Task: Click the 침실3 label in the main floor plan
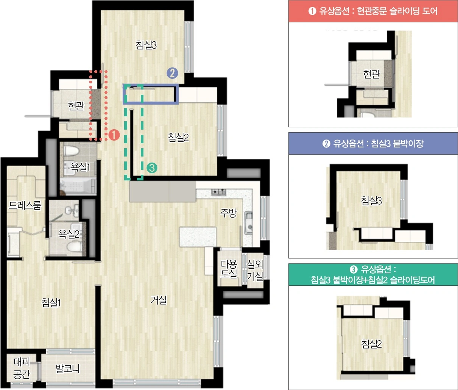click(146, 45)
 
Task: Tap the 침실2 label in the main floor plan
click(178, 137)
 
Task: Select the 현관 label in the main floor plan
click(76, 106)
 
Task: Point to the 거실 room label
click(159, 300)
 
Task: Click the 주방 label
click(229, 213)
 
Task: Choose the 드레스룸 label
click(25, 205)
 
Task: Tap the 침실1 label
click(51, 302)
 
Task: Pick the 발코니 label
click(67, 368)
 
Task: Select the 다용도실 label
click(229, 269)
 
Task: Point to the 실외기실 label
click(255, 270)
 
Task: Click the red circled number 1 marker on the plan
click(114, 135)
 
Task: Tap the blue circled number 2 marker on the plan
click(172, 73)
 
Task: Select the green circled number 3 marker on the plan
click(152, 168)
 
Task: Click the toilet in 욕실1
click(71, 151)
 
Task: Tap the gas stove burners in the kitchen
click(218, 192)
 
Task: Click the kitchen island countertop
click(198, 237)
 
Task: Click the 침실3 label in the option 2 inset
click(371, 200)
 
